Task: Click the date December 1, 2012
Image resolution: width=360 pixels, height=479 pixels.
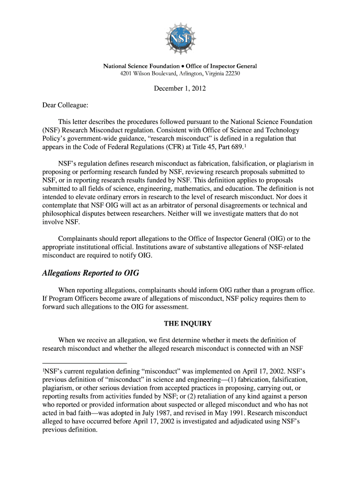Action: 180,88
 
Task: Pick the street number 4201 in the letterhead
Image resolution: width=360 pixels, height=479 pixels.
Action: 128,74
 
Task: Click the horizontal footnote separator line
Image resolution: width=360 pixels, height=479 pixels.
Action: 84,363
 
